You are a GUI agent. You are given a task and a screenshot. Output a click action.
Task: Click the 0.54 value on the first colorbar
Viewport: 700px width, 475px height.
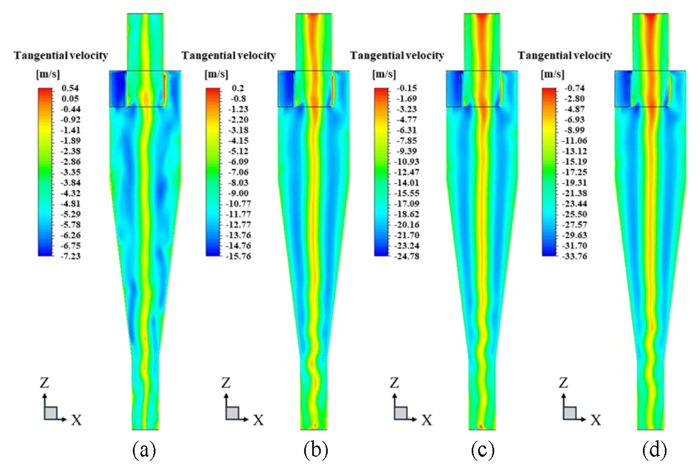click(70, 88)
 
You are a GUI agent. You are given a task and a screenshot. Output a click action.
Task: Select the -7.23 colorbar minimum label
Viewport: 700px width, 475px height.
click(70, 256)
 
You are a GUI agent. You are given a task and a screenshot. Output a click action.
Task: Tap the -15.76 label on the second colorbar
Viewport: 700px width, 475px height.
click(238, 256)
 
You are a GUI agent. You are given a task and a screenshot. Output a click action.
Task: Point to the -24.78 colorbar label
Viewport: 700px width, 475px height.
click(407, 256)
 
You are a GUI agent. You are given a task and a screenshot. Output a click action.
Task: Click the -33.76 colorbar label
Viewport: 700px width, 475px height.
click(574, 256)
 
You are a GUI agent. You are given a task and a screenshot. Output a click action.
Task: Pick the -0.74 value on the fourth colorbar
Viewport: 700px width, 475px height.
click(574, 88)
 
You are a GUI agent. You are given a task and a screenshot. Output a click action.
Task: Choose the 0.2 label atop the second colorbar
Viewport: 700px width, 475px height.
click(238, 88)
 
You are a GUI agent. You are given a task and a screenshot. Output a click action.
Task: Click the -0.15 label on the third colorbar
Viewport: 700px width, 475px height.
click(407, 88)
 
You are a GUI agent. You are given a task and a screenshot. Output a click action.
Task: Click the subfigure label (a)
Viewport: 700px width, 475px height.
click(144, 450)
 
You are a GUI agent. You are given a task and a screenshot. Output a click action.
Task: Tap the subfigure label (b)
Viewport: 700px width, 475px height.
click(316, 450)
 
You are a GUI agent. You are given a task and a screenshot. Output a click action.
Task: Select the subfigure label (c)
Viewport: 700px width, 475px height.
click(483, 450)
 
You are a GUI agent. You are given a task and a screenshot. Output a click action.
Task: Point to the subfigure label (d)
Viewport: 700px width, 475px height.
click(654, 450)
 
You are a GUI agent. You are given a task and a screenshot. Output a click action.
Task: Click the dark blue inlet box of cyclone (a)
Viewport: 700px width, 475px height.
click(117, 89)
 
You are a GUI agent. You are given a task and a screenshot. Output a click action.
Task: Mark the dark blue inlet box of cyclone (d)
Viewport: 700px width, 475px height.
click(622, 89)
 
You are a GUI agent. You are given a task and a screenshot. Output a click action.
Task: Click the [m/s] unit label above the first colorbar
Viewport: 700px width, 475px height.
click(48, 74)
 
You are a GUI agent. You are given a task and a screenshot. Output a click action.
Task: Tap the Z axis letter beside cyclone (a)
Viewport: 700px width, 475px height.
click(45, 382)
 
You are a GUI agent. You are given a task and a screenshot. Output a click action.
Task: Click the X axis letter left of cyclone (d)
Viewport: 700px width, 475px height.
click(596, 420)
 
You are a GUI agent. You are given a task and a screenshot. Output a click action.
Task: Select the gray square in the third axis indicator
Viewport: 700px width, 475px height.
click(401, 413)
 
